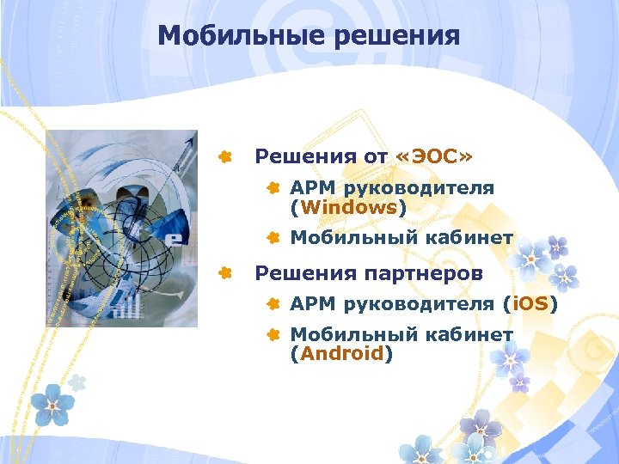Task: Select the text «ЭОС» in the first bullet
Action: [x=435, y=156]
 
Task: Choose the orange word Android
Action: [x=341, y=352]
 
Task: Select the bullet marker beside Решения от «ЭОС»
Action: [x=224, y=156]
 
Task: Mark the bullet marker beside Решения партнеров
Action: [x=224, y=273]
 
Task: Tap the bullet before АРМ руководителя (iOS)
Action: [x=273, y=303]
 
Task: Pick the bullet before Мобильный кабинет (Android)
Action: [x=273, y=334]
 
